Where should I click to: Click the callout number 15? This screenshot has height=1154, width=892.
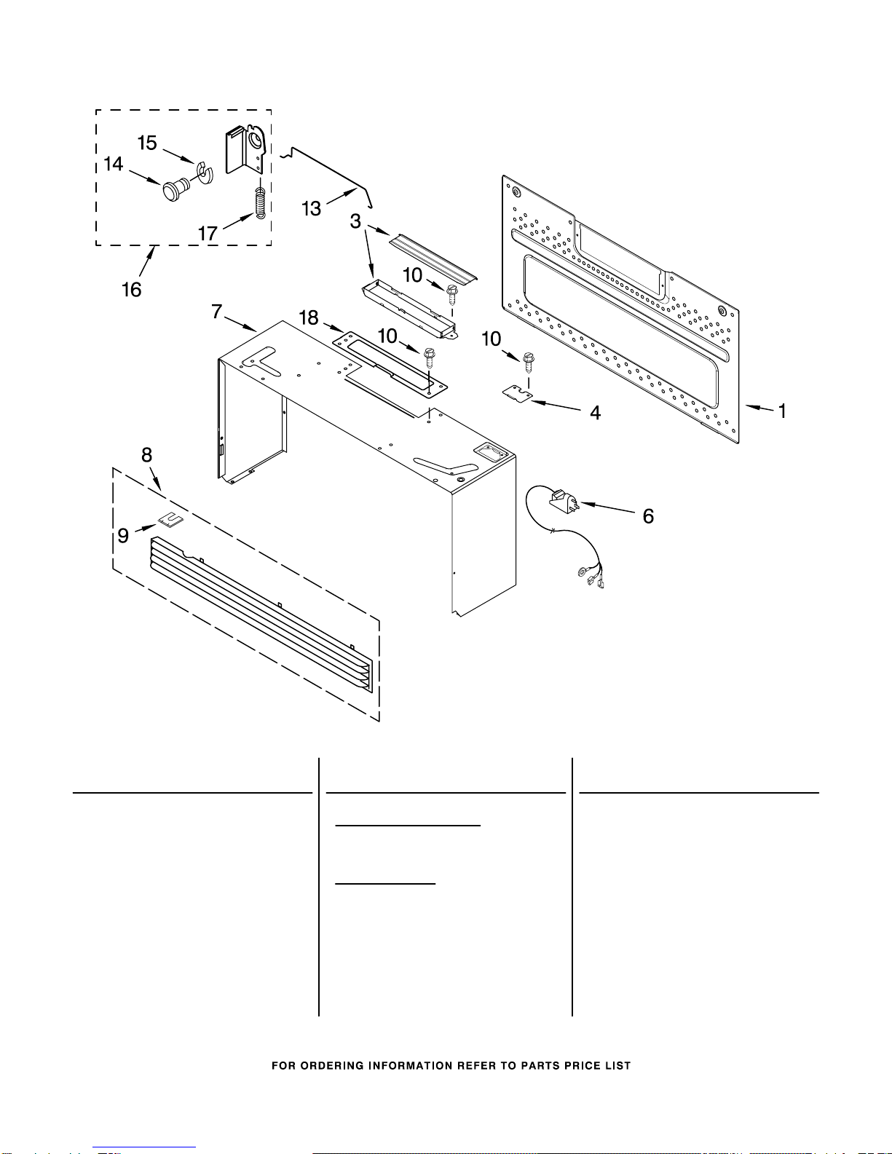click(147, 143)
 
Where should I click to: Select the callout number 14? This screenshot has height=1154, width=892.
click(113, 164)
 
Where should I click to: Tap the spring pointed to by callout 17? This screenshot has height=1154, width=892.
click(260, 202)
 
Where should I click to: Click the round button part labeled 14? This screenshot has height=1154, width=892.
click(175, 190)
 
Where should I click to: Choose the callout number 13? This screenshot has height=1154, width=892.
click(312, 209)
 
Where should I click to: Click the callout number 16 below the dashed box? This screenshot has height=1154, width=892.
click(132, 290)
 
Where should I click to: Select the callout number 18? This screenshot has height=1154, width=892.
click(309, 317)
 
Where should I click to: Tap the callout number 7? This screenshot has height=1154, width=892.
click(217, 311)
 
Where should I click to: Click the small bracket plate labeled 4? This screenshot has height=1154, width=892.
click(517, 393)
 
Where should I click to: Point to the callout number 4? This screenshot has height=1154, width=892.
click(595, 413)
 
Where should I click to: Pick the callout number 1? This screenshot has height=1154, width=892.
click(781, 411)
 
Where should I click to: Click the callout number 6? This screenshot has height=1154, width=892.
click(648, 515)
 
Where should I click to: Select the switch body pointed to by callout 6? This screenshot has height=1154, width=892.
click(564, 502)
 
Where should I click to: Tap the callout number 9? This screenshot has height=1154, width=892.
click(123, 535)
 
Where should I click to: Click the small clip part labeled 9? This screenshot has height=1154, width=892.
click(171, 520)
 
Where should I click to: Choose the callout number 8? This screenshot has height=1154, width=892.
click(146, 454)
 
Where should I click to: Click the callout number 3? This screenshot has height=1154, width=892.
click(355, 221)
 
